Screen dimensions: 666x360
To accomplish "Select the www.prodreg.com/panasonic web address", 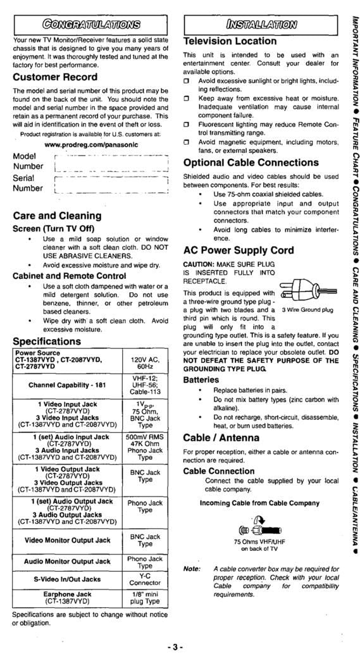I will [x=91, y=143].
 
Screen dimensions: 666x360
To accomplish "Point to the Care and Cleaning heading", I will [x=58, y=216].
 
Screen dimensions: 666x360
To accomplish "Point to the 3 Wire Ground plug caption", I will [x=307, y=310].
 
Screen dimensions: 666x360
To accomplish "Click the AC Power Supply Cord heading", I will [x=239, y=250].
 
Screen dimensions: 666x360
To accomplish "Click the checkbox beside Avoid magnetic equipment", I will [x=187, y=143].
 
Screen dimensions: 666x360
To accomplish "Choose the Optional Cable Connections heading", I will [x=251, y=163].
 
